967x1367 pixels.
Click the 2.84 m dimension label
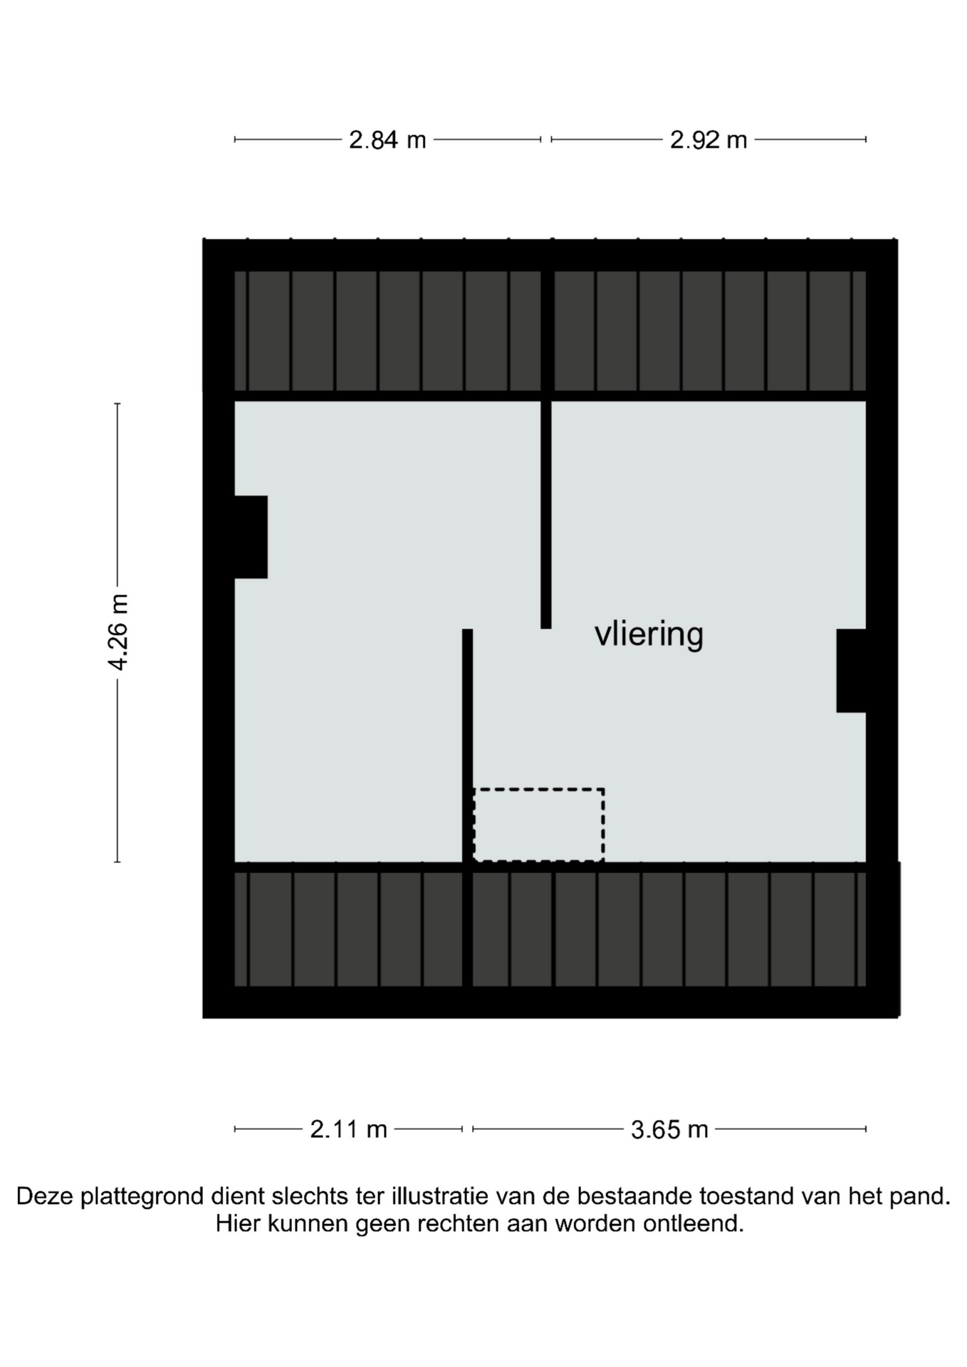(x=387, y=140)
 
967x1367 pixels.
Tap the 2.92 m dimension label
(x=709, y=140)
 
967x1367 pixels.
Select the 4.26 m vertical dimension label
(x=118, y=632)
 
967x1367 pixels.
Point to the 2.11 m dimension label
(x=348, y=1129)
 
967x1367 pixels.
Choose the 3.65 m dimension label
(x=669, y=1129)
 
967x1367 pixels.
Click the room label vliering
(x=649, y=634)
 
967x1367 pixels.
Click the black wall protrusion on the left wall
(x=251, y=537)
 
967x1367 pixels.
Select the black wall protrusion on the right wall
(x=851, y=671)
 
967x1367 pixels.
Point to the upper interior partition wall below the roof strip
(x=546, y=515)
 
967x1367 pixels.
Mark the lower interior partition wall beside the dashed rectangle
(x=467, y=745)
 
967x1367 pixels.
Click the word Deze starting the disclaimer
(x=44, y=1196)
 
